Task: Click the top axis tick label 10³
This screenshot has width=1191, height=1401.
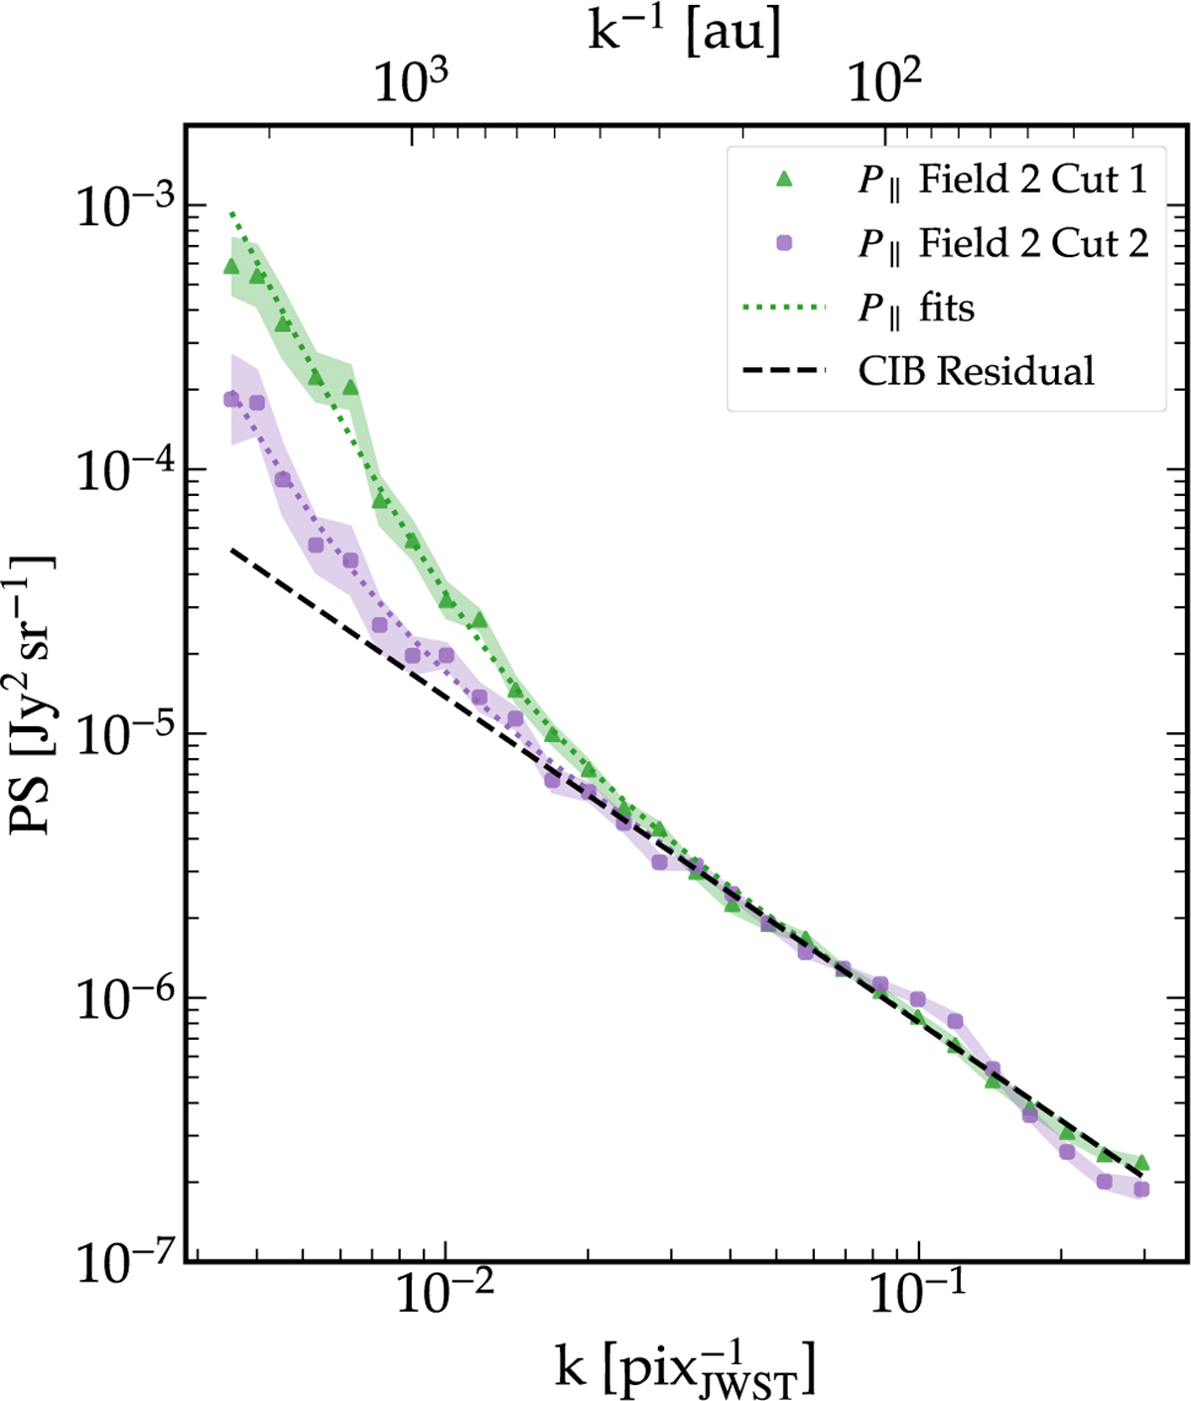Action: (411, 83)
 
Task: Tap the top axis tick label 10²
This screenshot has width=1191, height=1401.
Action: (884, 83)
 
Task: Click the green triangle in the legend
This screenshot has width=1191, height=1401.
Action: (784, 180)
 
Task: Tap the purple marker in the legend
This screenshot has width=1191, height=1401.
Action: (784, 243)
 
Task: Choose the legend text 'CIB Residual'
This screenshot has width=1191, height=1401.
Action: (976, 371)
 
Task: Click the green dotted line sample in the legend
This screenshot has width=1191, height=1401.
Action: (784, 308)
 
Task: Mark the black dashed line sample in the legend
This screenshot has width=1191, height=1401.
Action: (784, 371)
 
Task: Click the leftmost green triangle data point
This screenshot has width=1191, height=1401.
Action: (231, 265)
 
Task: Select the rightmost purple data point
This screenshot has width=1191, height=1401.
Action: (1141, 1189)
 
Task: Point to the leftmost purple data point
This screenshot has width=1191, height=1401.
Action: (231, 399)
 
